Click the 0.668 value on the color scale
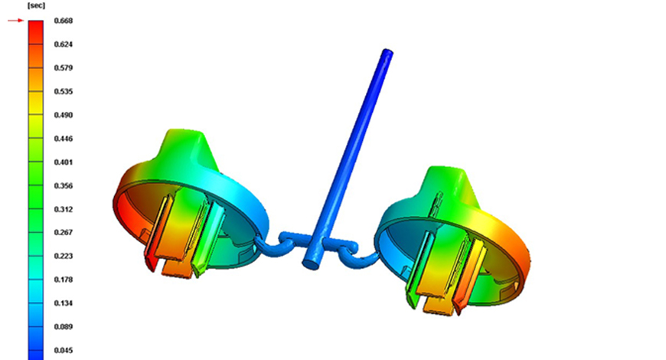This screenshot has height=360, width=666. coord(64,21)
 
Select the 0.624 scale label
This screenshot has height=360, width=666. coord(64,44)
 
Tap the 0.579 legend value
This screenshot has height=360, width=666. coord(64,68)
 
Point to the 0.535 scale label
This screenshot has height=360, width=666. coord(64,91)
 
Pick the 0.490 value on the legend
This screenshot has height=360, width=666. coord(64,115)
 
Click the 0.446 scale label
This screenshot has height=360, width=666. coord(64,139)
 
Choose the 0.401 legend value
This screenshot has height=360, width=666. coord(64,162)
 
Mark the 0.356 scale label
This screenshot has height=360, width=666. coord(64,185)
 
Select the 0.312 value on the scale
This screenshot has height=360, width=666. coord(64,210)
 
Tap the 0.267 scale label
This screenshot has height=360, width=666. coord(64,233)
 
